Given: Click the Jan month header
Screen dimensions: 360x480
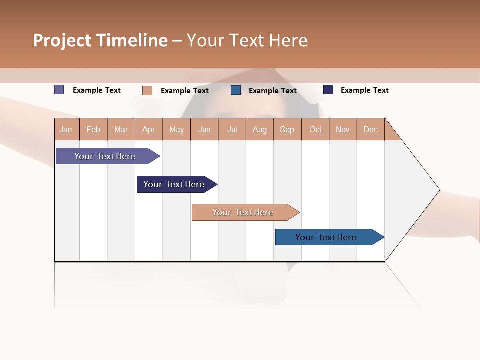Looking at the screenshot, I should tap(66, 129).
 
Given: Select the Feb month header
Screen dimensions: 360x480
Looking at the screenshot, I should tap(93, 129).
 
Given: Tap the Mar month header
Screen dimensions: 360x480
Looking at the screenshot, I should tap(121, 129).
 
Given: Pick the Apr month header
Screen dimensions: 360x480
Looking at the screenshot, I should tap(149, 129).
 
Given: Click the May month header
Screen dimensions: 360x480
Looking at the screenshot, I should tap(176, 129).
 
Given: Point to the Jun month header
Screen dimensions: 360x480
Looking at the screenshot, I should tap(204, 129).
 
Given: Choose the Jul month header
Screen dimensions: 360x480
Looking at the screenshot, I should tap(232, 129).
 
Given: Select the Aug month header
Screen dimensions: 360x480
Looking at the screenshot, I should tap(260, 129).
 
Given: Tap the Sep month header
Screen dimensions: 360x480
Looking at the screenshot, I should tap(287, 129).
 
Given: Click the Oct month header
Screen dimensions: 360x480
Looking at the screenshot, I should tap(315, 129).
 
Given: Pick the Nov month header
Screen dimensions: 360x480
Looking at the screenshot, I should tap(343, 129).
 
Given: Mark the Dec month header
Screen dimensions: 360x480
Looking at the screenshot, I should tap(371, 129).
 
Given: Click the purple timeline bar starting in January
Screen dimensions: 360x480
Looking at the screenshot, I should tap(105, 156).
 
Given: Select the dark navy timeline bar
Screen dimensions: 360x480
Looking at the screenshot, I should tap(174, 184).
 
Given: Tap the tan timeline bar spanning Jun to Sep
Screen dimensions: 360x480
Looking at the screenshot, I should tap(243, 212).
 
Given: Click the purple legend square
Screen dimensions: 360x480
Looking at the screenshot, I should tap(59, 90).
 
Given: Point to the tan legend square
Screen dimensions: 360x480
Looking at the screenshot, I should tap(147, 90).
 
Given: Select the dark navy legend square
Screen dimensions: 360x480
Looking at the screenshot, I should tap(328, 90).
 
